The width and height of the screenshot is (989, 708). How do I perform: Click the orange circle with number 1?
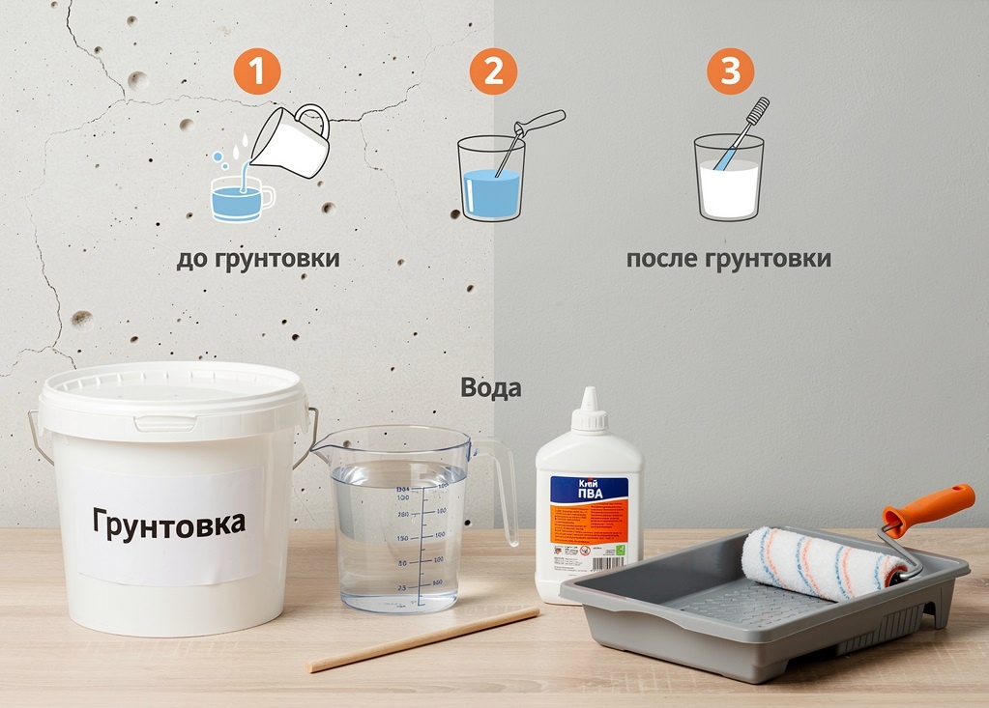(x=256, y=71)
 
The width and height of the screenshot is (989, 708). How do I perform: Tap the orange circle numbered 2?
(x=493, y=71)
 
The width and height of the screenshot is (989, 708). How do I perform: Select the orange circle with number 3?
(x=730, y=71)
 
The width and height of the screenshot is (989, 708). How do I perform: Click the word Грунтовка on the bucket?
(x=169, y=522)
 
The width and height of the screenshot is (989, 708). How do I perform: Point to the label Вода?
(x=490, y=388)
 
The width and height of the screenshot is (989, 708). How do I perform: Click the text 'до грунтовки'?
(x=258, y=259)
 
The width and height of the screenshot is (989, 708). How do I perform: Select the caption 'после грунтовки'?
(x=728, y=259)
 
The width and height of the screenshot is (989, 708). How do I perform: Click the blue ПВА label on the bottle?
(x=588, y=490)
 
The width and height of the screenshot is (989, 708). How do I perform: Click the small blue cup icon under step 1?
(x=240, y=200)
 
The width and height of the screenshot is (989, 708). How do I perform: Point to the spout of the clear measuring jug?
(x=321, y=446)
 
